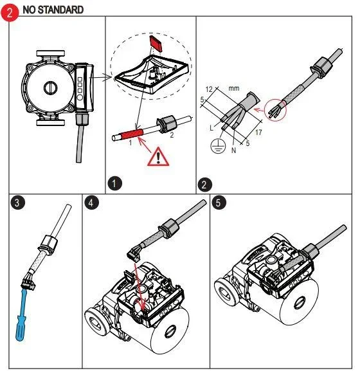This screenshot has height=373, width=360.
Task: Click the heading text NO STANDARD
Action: (x=53, y=10)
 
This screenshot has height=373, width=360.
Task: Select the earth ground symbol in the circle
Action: (x=218, y=146)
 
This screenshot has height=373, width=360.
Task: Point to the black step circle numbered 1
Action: (x=114, y=183)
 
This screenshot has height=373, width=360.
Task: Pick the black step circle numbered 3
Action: (x=17, y=203)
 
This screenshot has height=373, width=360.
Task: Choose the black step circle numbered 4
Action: (x=91, y=203)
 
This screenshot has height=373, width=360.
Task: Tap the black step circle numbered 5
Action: (x=219, y=203)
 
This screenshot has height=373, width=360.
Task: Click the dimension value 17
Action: (x=258, y=132)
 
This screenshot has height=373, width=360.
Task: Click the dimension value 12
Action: (x=209, y=89)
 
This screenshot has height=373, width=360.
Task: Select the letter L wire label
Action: (x=212, y=128)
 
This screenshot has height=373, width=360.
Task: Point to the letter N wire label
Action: (x=233, y=150)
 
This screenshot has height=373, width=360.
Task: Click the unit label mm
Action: (x=234, y=88)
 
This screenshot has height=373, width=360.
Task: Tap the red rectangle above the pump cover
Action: (x=156, y=43)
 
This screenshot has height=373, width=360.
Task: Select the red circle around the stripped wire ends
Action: (x=275, y=110)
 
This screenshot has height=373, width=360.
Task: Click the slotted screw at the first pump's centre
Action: (x=50, y=87)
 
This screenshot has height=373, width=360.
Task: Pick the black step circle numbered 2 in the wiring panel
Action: (x=204, y=185)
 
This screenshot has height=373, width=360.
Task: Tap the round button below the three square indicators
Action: (x=80, y=97)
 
